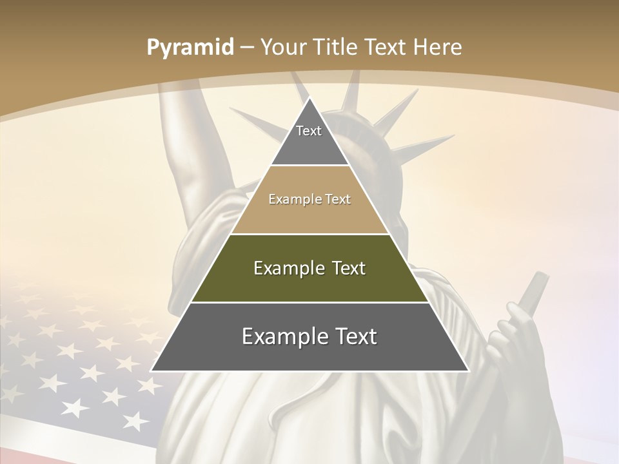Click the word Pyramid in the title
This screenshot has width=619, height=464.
pos(190,48)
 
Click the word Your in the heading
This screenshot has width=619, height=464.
pos(284,47)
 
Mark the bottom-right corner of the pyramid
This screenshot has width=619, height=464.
pos(467,371)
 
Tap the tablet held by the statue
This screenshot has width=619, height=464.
pos(534,290)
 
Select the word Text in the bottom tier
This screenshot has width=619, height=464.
pos(351,336)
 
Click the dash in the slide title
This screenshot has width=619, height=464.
pos(246,48)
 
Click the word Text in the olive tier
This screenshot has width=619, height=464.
pos(349,268)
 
